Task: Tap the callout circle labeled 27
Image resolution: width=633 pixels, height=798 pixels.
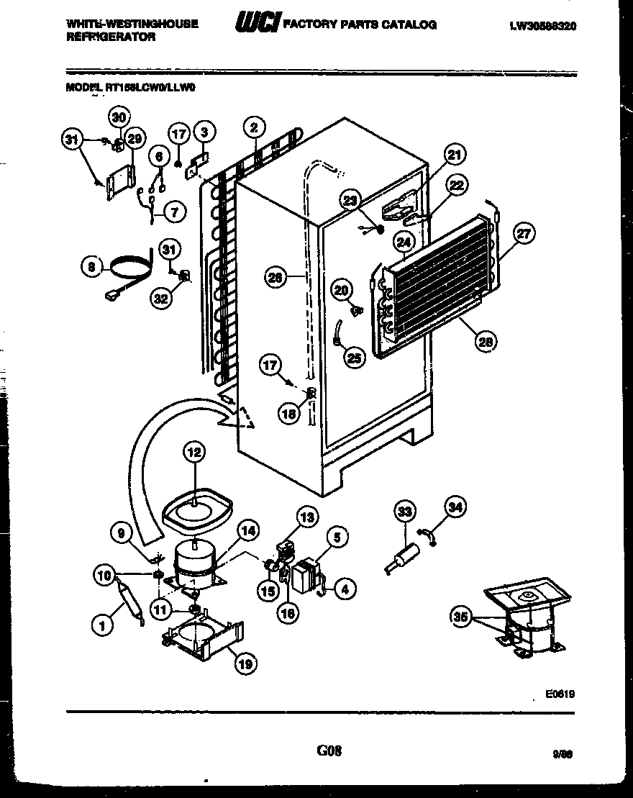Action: click(x=525, y=233)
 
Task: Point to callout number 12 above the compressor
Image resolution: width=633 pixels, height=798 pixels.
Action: click(x=193, y=453)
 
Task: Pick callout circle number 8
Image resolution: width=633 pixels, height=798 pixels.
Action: click(x=91, y=268)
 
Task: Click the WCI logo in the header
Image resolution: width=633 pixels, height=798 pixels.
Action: click(x=256, y=24)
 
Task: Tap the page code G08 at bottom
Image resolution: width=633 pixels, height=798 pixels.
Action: click(x=328, y=751)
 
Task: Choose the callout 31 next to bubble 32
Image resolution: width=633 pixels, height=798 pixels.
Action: click(x=168, y=250)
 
